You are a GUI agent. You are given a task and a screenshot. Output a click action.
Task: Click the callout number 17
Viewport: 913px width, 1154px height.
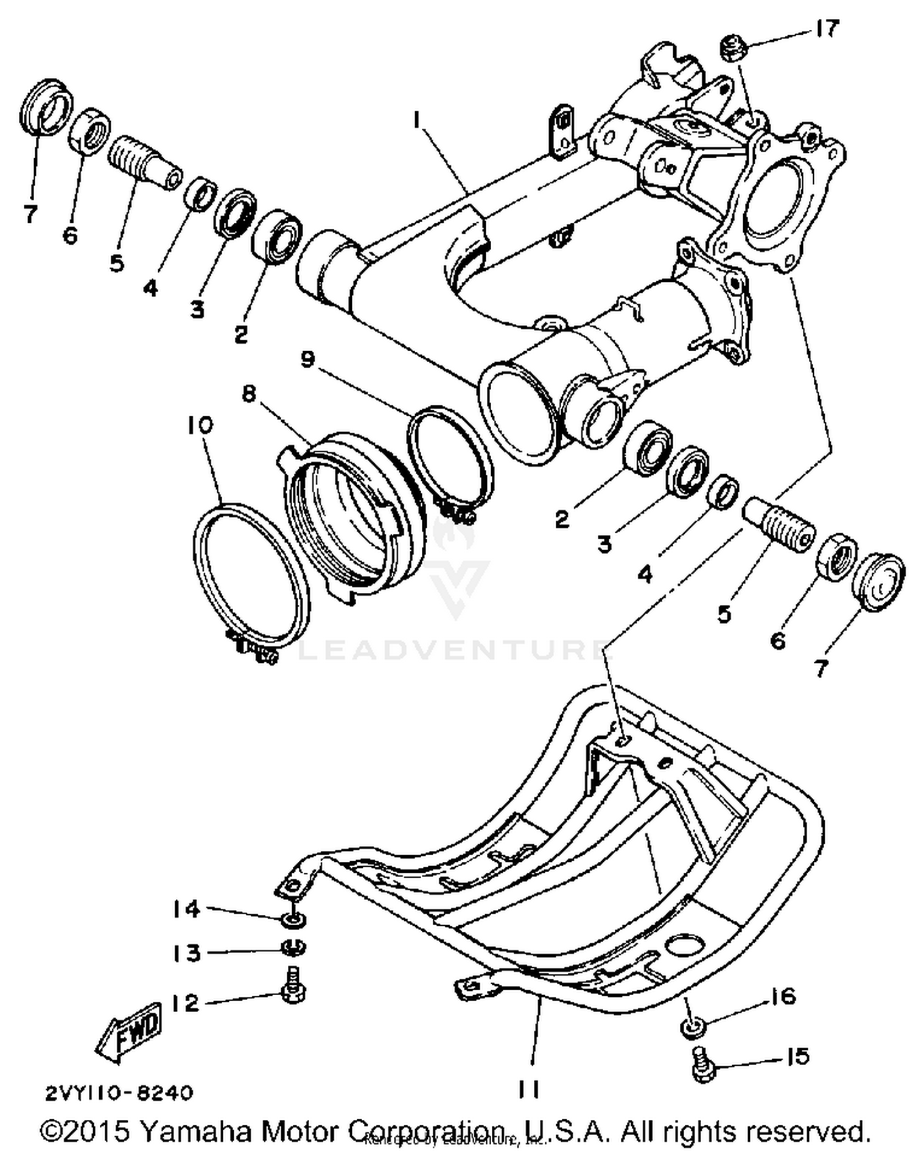[x=827, y=29]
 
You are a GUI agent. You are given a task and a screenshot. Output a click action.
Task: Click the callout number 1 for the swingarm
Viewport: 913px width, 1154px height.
[x=417, y=122]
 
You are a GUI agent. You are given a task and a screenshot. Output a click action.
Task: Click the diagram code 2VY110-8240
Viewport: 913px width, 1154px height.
[x=119, y=1093]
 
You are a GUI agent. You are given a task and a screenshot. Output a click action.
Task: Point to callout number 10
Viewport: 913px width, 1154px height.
[x=200, y=425]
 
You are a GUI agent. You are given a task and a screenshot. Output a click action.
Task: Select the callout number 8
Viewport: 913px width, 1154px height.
[x=249, y=394]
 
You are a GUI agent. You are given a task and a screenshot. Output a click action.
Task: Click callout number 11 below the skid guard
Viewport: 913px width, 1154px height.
[x=528, y=1090]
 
